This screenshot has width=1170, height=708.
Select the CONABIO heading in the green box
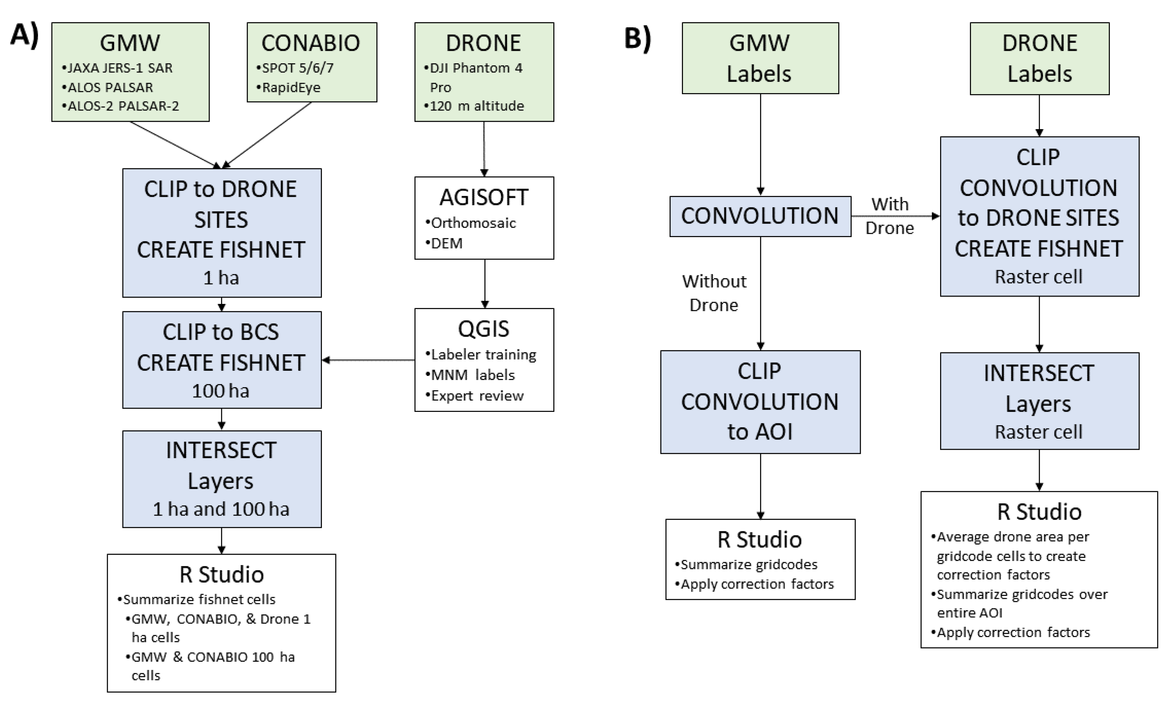point(311,43)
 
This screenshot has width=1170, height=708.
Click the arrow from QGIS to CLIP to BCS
point(368,360)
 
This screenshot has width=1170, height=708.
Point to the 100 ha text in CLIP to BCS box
point(220,391)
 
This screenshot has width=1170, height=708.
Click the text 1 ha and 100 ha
point(221,509)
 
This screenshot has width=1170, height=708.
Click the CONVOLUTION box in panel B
point(760,217)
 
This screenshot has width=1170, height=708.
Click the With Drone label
point(889,216)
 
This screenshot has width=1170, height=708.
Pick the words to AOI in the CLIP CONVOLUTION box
point(760,432)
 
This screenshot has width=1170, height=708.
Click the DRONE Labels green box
point(1039,58)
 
